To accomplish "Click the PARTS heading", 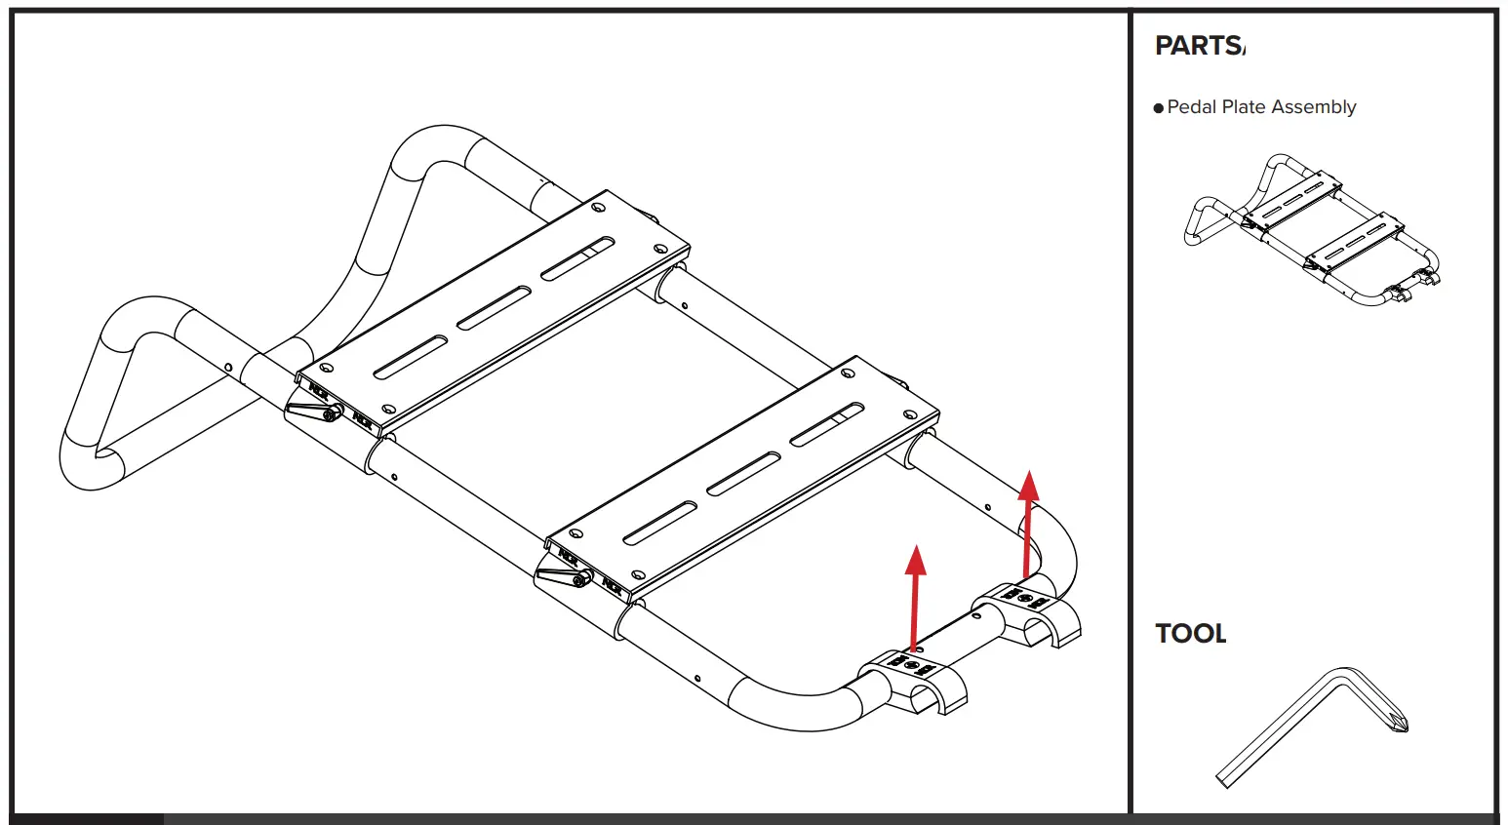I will tap(1199, 46).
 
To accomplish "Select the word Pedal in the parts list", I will tap(1190, 107).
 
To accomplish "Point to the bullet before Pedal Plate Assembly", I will tap(1159, 108).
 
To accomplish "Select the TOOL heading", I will tap(1190, 634).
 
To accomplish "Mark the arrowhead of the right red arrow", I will tap(1028, 485).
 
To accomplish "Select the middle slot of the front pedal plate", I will tap(743, 474).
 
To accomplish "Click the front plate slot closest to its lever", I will tap(659, 524).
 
